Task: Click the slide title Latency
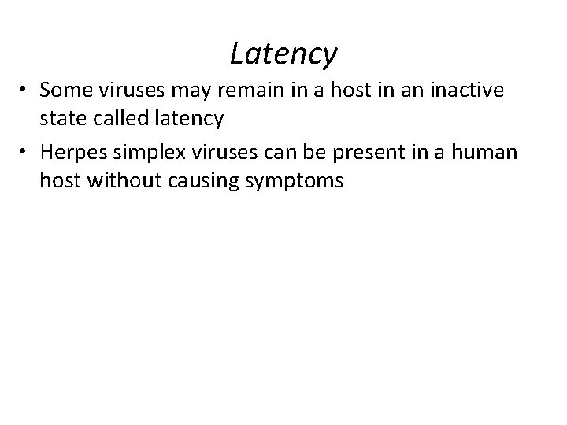(x=283, y=54)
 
